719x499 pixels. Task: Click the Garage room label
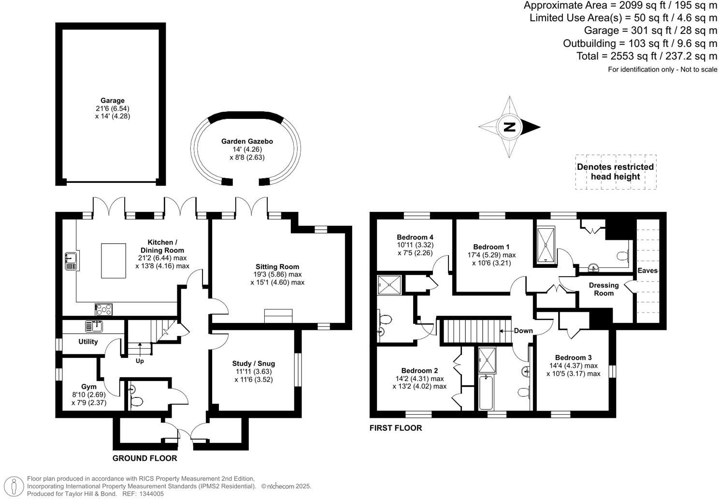tap(112, 101)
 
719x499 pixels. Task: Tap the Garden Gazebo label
tap(247, 141)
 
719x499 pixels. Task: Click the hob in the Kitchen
tap(104, 309)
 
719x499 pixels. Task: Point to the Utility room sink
tap(95, 326)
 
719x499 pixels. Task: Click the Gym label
tap(88, 386)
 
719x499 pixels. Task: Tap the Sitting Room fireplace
tap(278, 316)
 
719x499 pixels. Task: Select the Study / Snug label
tap(253, 364)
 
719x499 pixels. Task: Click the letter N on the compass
tap(509, 127)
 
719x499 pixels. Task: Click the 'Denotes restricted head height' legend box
tap(615, 172)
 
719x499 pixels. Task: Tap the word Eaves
tap(647, 270)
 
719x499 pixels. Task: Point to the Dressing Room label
tap(604, 289)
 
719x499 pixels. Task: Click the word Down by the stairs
tap(523, 331)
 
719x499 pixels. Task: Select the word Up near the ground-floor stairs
tap(140, 361)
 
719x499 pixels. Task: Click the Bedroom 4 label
tap(415, 237)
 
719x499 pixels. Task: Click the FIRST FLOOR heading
tap(395, 428)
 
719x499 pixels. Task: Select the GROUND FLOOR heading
tap(144, 458)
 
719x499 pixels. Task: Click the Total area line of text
tap(647, 56)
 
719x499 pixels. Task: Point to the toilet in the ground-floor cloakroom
tap(136, 401)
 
